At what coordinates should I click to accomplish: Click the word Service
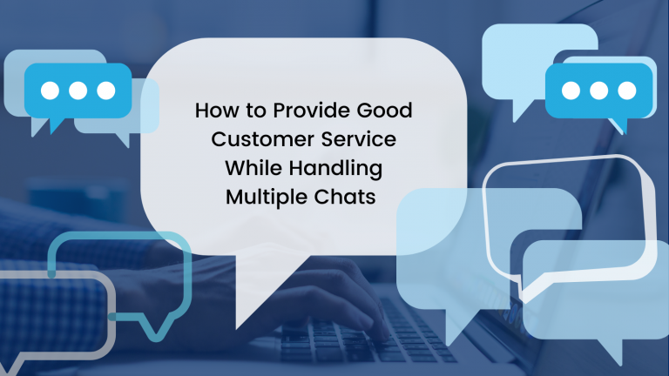(x=359, y=140)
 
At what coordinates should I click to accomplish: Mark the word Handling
(x=337, y=169)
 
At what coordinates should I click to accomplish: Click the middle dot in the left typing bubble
(x=78, y=90)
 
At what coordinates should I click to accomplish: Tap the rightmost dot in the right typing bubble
(x=625, y=91)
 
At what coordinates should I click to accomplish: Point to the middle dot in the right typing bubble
(x=598, y=91)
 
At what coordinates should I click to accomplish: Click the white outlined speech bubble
(x=566, y=218)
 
